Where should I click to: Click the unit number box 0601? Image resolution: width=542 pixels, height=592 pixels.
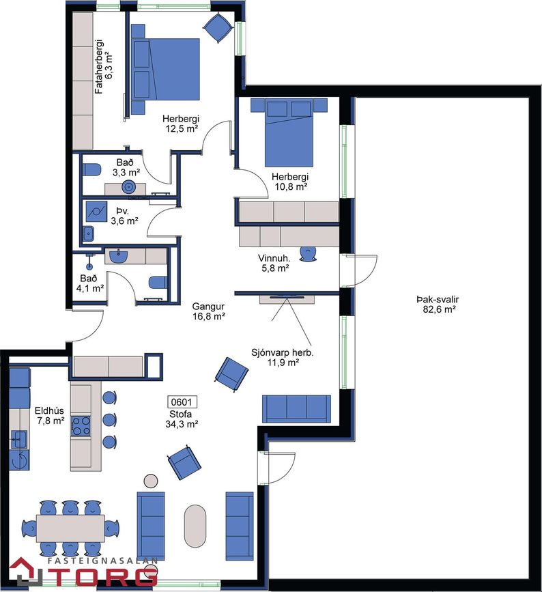pos(182,401)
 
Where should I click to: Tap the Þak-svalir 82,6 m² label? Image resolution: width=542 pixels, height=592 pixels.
pos(438,305)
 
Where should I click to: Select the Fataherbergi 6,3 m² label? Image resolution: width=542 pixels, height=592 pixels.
pos(104,66)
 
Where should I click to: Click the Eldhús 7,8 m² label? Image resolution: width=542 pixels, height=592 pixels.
pos(49,415)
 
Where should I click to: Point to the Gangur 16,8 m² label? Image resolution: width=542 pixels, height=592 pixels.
pos(208,311)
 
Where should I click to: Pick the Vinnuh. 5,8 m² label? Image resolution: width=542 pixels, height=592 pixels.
pos(274,263)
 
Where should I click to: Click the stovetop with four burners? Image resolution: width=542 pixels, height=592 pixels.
pos(81,426)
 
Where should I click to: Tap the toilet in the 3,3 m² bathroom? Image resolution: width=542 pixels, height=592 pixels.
pos(91,169)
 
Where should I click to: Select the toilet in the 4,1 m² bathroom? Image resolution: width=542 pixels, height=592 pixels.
pos(158,283)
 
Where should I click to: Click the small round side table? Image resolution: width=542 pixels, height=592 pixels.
pos(152,481)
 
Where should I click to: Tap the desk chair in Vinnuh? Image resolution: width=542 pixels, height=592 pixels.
pos(309,254)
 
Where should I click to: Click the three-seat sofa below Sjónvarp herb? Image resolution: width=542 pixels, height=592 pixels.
pos(296,408)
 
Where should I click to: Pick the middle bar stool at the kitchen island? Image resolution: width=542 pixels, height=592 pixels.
pos(109,419)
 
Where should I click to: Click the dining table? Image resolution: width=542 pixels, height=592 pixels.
pos(70,528)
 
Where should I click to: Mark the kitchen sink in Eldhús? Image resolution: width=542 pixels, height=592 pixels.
pos(18,439)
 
